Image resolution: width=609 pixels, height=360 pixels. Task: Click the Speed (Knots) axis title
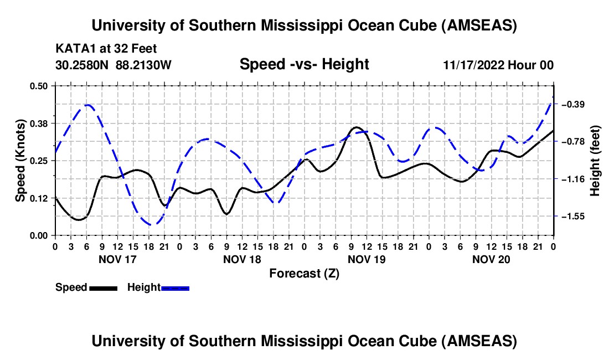click(20, 161)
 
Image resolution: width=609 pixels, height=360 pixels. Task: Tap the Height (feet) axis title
click(596, 161)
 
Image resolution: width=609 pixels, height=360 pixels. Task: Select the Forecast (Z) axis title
click(304, 273)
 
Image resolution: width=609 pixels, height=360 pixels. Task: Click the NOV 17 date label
click(117, 259)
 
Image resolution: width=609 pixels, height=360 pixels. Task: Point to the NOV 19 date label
click(366, 259)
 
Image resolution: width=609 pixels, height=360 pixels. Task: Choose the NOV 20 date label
click(491, 259)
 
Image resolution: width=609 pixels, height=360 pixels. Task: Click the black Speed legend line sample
click(102, 288)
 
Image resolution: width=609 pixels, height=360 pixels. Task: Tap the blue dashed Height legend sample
click(175, 288)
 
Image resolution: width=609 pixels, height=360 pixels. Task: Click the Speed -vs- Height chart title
click(304, 64)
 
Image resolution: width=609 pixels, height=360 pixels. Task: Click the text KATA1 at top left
click(74, 48)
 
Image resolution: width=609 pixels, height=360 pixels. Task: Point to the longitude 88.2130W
click(144, 65)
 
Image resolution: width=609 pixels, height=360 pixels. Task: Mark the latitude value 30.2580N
click(82, 65)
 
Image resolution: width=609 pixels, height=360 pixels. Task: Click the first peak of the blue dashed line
click(87, 105)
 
